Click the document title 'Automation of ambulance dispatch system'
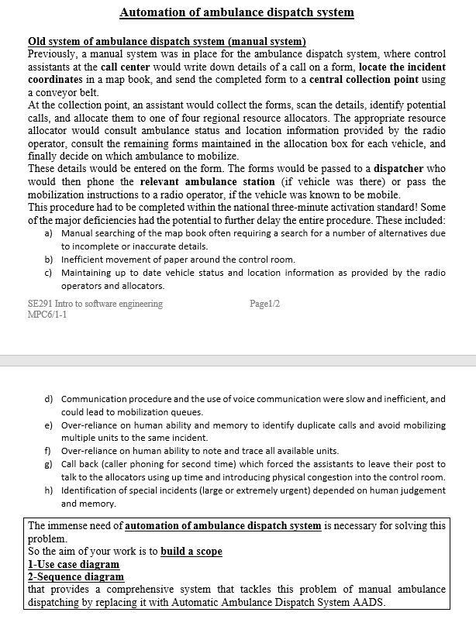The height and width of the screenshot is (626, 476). [237, 12]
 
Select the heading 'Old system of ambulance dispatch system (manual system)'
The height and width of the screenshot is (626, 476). [167, 41]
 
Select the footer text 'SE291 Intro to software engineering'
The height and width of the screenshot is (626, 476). [95, 304]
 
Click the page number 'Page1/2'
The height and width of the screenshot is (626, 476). [265, 304]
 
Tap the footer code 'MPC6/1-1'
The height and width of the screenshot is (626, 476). [47, 315]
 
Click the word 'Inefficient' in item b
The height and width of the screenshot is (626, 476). [83, 260]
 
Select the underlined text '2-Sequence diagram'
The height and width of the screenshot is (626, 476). [75, 576]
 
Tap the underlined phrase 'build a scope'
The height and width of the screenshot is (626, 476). [191, 552]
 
